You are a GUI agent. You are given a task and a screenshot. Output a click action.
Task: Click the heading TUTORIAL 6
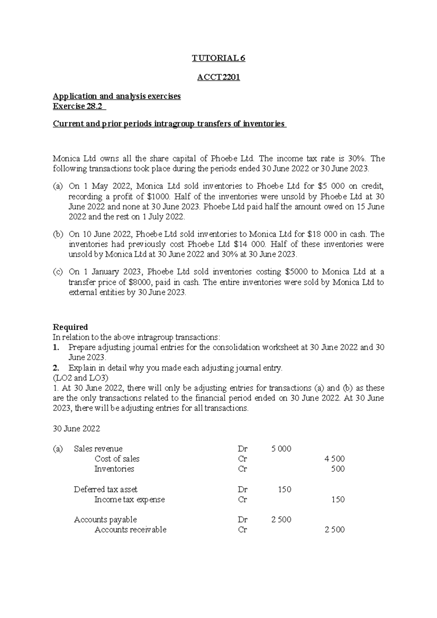click(x=219, y=58)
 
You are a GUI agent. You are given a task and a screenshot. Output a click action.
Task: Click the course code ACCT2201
click(x=219, y=78)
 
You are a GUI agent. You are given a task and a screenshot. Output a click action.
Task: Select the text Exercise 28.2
click(x=78, y=106)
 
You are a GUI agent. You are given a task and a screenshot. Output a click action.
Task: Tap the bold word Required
click(x=70, y=327)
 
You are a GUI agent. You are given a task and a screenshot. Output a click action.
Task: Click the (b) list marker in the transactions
click(x=58, y=234)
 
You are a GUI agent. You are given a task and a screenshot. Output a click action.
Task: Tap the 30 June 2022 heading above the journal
click(x=76, y=429)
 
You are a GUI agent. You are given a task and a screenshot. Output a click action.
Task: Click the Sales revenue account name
click(x=98, y=449)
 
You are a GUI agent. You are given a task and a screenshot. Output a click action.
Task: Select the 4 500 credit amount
click(x=334, y=459)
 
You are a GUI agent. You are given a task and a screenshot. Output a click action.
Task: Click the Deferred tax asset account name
click(x=106, y=490)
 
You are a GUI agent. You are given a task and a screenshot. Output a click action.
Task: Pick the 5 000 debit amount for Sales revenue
click(x=281, y=449)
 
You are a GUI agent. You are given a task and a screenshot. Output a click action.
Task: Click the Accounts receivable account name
click(x=130, y=530)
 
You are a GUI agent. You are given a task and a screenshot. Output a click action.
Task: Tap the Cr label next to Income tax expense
click(x=242, y=500)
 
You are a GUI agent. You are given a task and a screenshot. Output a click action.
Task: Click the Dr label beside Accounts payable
click(x=243, y=520)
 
